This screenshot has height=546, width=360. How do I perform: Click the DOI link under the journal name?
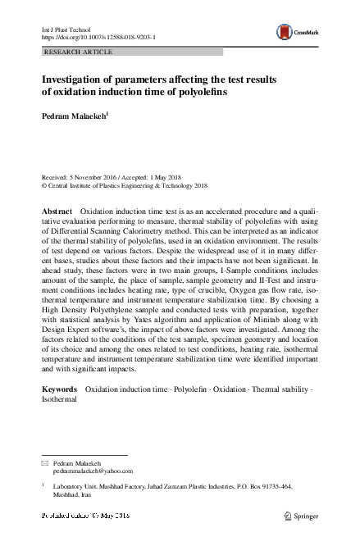(x=98, y=38)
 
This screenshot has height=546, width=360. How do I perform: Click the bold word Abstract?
(x=57, y=212)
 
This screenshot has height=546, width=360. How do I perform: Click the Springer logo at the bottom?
(x=304, y=515)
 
